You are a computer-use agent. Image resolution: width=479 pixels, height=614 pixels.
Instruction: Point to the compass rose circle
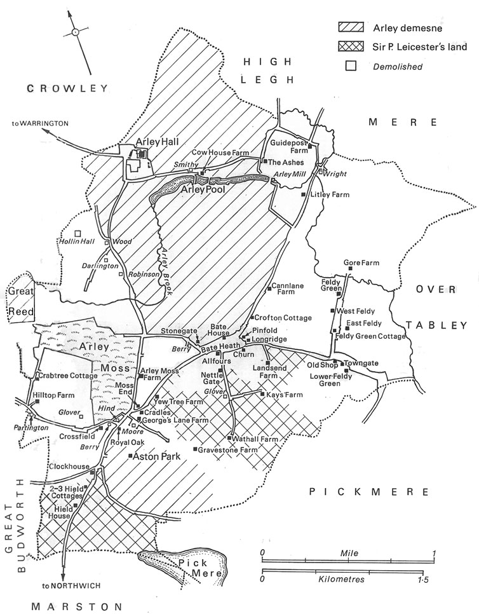75,31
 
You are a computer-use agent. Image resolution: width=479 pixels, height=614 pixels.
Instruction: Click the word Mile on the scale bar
349,554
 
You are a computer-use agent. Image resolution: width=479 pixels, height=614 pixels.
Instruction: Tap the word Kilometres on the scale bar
347,580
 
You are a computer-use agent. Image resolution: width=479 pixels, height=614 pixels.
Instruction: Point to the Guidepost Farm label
289,147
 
